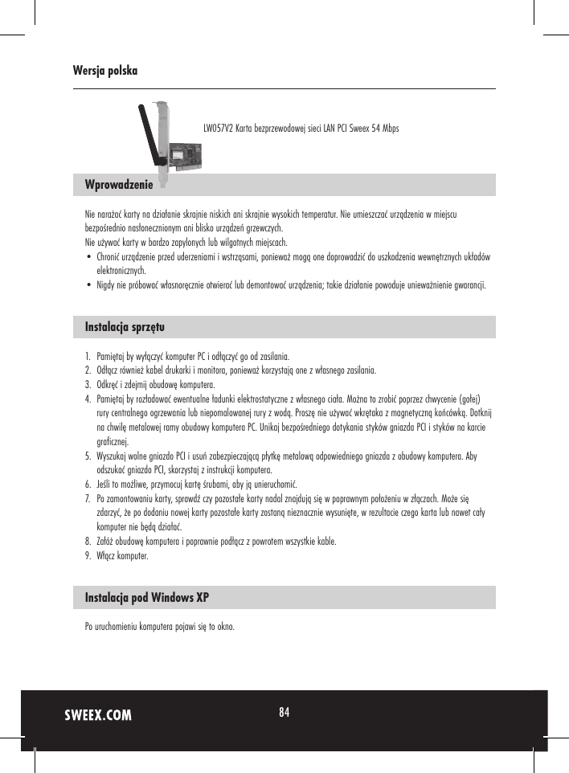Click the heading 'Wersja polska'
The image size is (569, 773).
pyautogui.click(x=104, y=71)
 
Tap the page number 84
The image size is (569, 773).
pyautogui.click(x=284, y=712)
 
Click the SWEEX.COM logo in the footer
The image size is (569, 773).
pyautogui.click(x=98, y=715)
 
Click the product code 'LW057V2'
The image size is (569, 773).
pyautogui.click(x=215, y=129)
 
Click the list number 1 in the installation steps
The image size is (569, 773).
pyautogui.click(x=88, y=356)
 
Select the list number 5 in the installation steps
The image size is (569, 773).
pyautogui.click(x=88, y=456)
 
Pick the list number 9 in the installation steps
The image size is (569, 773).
pyautogui.click(x=88, y=556)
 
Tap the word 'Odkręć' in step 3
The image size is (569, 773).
pyautogui.click(x=108, y=385)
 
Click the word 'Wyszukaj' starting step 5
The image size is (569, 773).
pyautogui.click(x=112, y=456)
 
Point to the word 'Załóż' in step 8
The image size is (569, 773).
pyautogui.click(x=105, y=542)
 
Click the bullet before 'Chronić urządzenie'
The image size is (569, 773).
pyautogui.click(x=88, y=257)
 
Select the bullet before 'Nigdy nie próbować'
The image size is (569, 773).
pyautogui.click(x=88, y=285)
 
